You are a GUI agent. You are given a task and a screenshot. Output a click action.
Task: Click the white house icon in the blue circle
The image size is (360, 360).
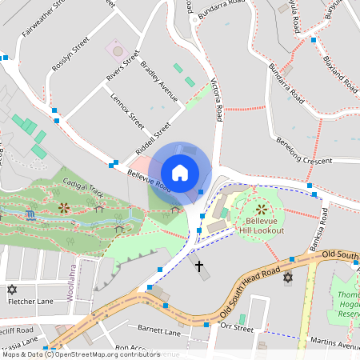click(x=180, y=172)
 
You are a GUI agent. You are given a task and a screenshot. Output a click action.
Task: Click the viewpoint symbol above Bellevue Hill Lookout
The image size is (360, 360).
click(x=261, y=209)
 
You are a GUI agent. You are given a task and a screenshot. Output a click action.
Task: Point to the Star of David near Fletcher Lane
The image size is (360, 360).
click(x=11, y=288)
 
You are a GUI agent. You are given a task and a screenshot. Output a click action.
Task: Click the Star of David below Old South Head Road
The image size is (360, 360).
click(x=288, y=278)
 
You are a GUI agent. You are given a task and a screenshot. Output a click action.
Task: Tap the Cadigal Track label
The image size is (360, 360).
click(x=80, y=190)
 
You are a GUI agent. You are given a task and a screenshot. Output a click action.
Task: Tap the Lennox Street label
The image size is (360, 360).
click(x=129, y=114)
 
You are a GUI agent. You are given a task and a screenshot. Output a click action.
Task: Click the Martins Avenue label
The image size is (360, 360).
click(x=334, y=344)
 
